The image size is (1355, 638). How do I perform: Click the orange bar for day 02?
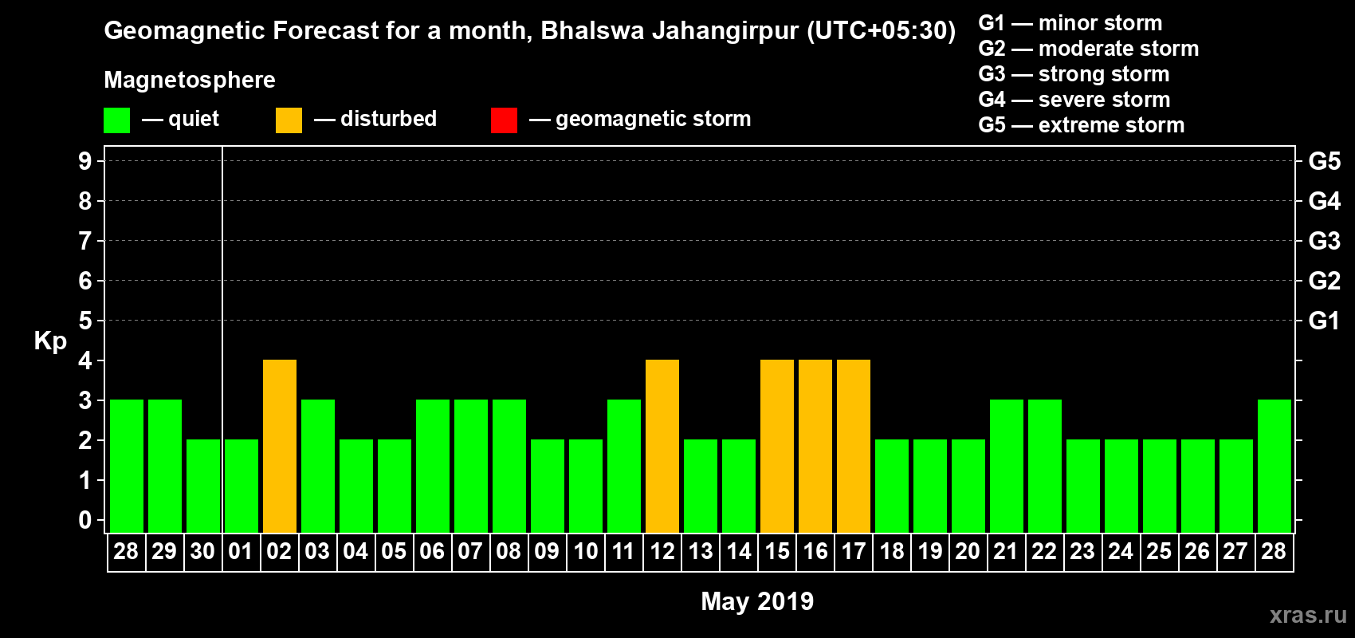(280, 446)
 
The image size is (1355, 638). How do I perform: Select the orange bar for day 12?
(662, 446)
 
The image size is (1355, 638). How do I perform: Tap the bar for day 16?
(815, 446)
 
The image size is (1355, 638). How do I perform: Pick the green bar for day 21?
(1007, 466)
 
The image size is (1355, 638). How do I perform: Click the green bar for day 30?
(203, 486)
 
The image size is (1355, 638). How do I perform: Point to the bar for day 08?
(509, 466)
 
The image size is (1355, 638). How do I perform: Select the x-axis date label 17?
(854, 551)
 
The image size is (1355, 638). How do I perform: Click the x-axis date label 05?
(394, 551)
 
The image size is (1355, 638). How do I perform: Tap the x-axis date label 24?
(1121, 551)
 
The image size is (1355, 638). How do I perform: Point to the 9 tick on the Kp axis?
(85, 161)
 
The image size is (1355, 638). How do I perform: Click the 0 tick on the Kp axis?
(85, 520)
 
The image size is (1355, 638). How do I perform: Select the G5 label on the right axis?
(1325, 161)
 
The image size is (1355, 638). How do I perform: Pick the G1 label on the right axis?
(1325, 321)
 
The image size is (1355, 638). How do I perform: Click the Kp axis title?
(50, 341)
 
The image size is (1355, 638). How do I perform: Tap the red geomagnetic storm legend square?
(504, 120)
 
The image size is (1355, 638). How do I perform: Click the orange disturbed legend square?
(289, 120)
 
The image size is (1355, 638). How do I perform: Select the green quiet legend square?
(117, 120)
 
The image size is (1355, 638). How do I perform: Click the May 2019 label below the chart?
(757, 601)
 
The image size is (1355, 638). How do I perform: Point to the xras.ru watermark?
(1308, 615)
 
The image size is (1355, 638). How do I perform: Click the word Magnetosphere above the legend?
(190, 80)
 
